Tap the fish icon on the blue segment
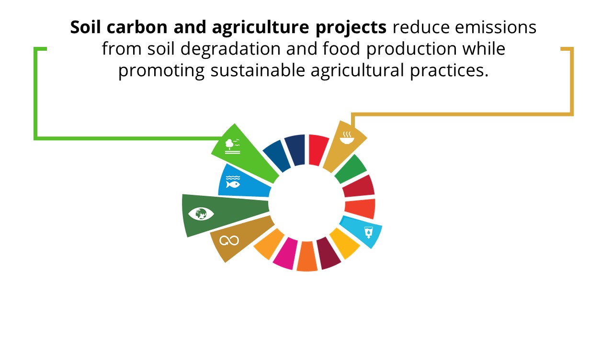click(233, 182)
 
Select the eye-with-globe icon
click(201, 214)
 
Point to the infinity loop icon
click(229, 241)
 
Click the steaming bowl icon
click(347, 137)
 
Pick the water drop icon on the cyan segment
click(369, 232)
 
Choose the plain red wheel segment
click(318, 150)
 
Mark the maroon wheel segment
click(329, 253)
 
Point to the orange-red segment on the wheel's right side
click(360, 209)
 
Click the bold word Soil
click(85, 27)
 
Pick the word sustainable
click(258, 70)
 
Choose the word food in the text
click(341, 48)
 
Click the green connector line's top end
click(47, 49)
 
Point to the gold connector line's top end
click(561, 49)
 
